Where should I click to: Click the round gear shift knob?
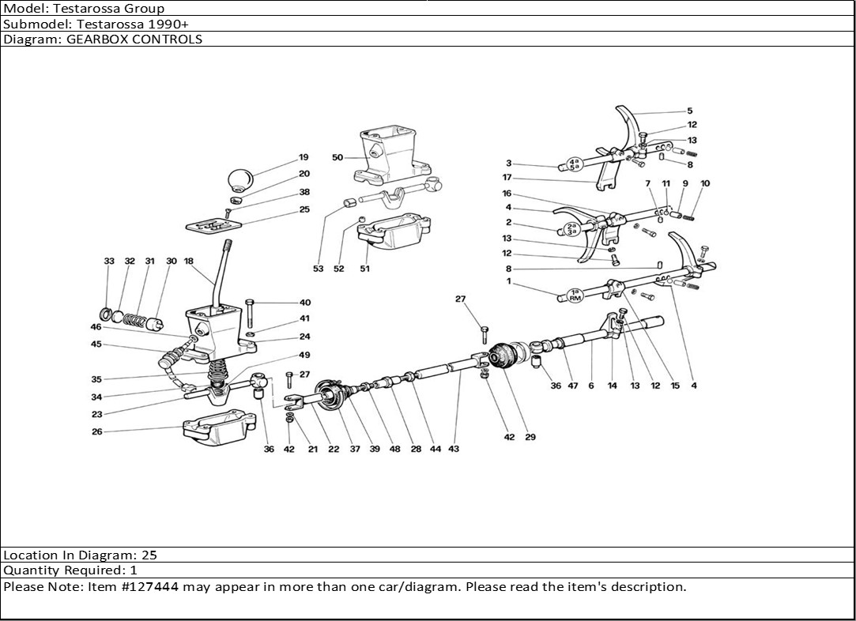point(240,180)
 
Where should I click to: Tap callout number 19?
point(304,157)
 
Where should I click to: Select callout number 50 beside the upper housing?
point(337,157)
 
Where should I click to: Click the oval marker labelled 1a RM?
point(575,295)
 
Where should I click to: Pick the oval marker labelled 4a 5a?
point(573,164)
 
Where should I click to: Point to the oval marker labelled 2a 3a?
point(571,228)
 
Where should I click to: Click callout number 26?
point(97,431)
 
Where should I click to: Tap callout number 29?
point(530,437)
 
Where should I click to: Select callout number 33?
point(109,261)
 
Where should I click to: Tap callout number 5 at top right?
point(689,111)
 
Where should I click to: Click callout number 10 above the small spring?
point(705,183)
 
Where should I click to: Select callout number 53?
point(319,268)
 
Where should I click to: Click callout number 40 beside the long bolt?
point(304,303)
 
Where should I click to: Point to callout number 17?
point(507,177)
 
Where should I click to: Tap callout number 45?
point(96,344)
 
